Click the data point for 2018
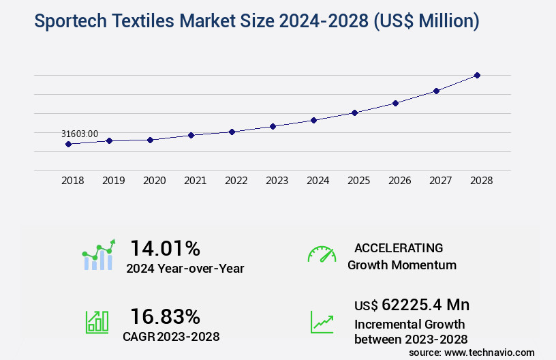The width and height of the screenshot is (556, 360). (x=68, y=144)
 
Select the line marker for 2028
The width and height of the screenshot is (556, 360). (x=477, y=75)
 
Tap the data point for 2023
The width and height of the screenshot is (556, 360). (x=273, y=126)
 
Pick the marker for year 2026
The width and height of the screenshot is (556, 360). (x=395, y=103)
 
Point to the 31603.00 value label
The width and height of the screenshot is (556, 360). (x=80, y=134)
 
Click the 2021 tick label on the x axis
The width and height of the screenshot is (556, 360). (x=195, y=181)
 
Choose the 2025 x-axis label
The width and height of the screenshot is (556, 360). (x=358, y=181)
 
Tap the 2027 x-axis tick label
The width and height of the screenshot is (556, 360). (x=440, y=181)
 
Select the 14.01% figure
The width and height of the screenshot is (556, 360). (x=165, y=248)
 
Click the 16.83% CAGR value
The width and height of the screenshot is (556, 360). (x=165, y=316)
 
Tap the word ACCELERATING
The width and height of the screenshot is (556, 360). (x=399, y=248)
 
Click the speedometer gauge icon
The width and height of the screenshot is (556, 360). (x=322, y=254)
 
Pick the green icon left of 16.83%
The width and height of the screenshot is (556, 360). (x=97, y=322)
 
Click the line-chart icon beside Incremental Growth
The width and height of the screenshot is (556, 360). (x=322, y=322)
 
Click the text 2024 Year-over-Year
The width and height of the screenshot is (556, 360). (x=185, y=269)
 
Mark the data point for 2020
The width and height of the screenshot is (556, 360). (x=150, y=140)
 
